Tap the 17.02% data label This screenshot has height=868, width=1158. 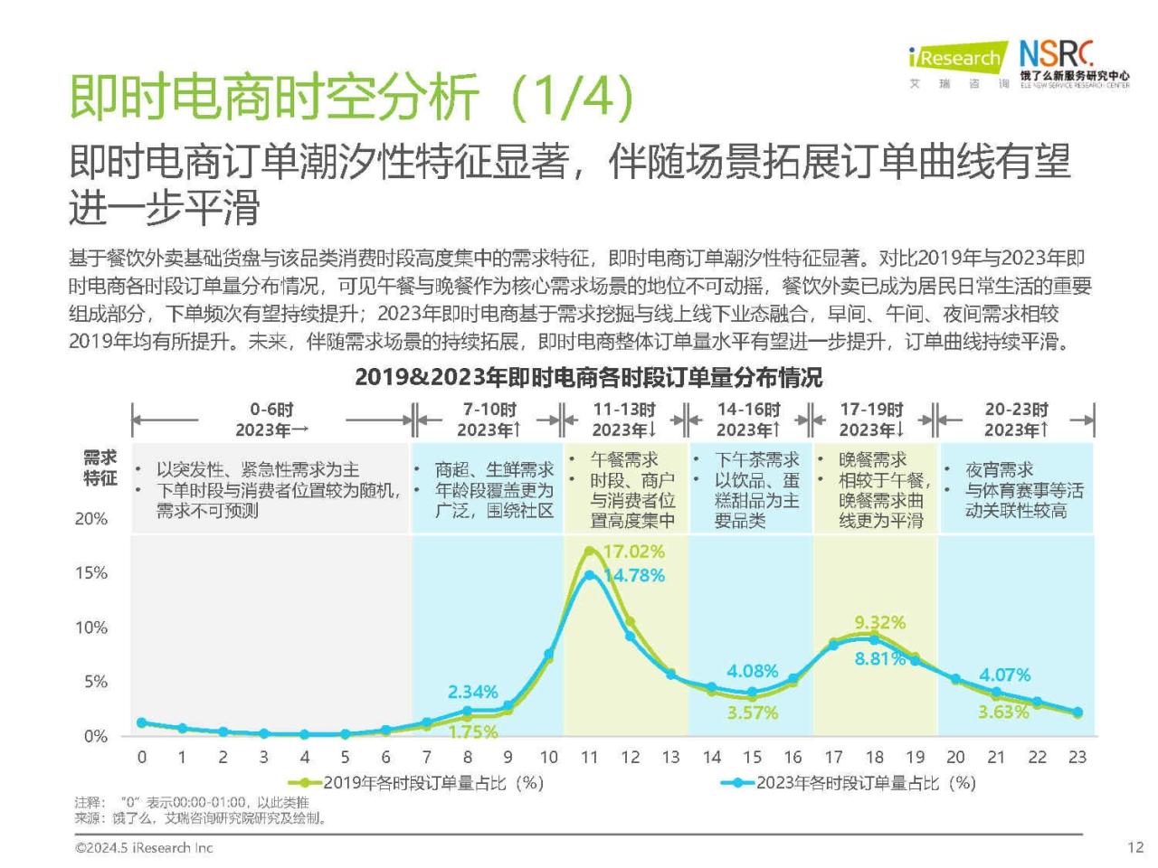point(633,552)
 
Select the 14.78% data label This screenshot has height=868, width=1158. point(633,576)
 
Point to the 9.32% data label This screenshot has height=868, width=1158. point(879,622)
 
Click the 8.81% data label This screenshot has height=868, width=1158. point(879,659)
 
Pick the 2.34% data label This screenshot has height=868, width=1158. point(472,692)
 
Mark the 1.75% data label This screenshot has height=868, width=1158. point(472,731)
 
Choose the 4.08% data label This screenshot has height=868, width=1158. point(752,671)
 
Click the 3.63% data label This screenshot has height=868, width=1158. point(1003,712)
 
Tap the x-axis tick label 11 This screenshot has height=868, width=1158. point(589,758)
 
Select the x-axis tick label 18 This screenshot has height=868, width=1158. point(874,758)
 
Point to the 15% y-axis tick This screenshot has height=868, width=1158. point(90,573)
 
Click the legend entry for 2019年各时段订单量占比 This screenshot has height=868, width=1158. point(416,783)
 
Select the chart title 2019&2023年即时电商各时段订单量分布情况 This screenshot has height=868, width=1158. point(588,377)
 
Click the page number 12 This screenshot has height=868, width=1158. point(1135,847)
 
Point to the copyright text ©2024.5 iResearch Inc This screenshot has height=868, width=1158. point(144,847)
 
